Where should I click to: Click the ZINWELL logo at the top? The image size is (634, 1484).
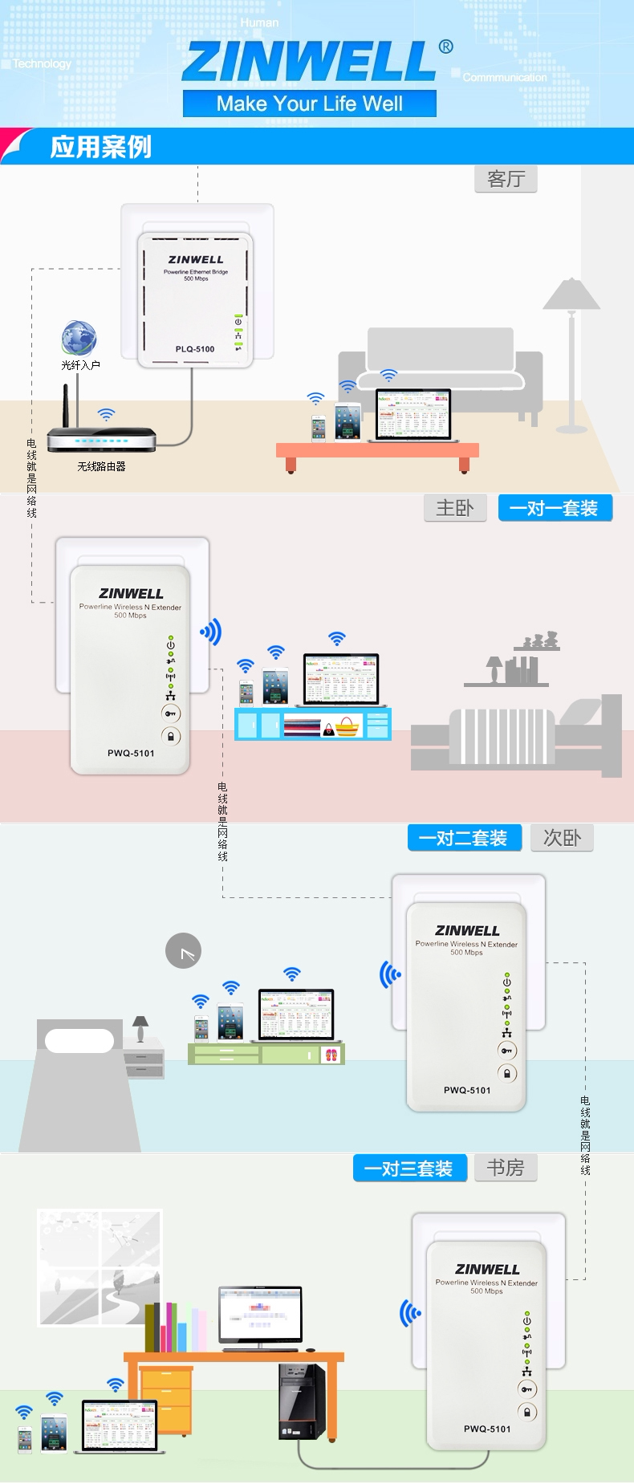(310, 61)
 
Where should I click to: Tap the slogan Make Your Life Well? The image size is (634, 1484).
(310, 104)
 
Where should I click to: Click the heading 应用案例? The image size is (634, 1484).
(100, 147)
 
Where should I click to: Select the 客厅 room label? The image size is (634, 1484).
(506, 179)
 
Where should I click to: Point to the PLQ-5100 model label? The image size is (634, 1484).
(195, 349)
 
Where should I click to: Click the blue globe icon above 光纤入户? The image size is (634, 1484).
(79, 338)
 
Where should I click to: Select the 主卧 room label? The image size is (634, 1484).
(455, 508)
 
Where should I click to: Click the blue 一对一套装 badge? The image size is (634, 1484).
(555, 508)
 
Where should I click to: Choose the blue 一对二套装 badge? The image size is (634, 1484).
(465, 838)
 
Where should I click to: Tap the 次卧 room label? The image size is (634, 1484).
(562, 838)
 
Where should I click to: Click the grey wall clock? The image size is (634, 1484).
(183, 951)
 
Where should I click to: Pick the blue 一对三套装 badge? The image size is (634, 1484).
(409, 1169)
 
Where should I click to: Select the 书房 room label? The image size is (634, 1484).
(506, 1168)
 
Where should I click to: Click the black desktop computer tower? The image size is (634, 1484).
(302, 1401)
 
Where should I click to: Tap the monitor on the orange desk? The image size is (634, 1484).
(260, 1314)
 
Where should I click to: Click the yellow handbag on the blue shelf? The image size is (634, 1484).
(347, 727)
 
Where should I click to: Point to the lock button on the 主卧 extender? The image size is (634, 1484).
(171, 736)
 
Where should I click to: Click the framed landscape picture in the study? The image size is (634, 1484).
(100, 1267)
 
